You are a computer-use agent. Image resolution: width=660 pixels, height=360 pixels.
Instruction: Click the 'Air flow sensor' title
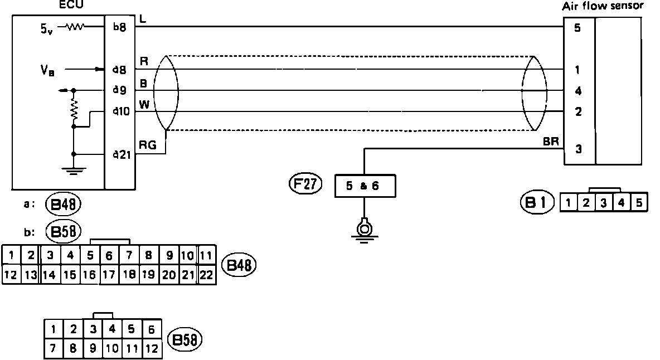tap(610, 7)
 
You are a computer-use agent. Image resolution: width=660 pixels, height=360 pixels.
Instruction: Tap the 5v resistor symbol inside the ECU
tap(75, 26)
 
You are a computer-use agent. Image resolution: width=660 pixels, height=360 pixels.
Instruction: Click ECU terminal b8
tap(120, 26)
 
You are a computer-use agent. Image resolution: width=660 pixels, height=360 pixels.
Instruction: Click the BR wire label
tap(552, 142)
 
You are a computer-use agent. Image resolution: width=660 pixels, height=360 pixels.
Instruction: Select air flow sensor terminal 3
tap(578, 149)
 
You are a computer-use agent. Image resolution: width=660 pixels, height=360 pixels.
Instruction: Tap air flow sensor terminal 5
tap(578, 27)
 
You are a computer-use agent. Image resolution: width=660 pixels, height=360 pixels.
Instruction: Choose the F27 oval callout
tap(305, 184)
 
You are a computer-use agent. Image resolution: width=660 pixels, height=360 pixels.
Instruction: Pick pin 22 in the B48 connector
tap(206, 275)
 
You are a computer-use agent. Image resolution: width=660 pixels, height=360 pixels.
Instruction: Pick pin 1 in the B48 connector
tap(12, 256)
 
